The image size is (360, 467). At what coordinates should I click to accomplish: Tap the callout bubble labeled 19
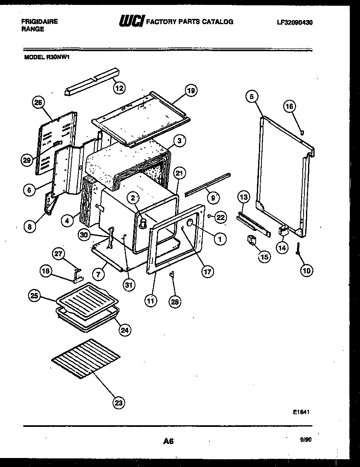tap(191, 90)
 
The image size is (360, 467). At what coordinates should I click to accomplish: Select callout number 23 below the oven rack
tap(119, 403)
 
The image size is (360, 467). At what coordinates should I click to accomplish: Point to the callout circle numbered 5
tap(252, 97)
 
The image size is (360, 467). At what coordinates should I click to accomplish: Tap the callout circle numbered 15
tap(264, 257)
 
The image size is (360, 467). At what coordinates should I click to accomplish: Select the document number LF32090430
tap(295, 22)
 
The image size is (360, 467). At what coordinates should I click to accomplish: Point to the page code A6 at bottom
tap(168, 441)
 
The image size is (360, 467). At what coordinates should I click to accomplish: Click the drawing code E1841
tap(300, 413)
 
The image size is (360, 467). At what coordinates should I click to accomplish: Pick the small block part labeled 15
tap(251, 240)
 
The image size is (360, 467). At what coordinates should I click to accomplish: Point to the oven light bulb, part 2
tap(143, 222)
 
